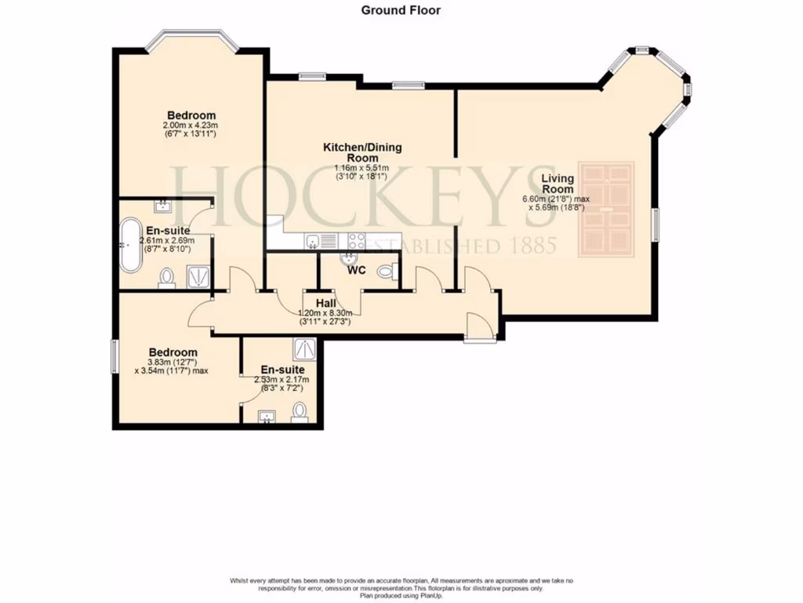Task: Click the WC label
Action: click(x=358, y=270)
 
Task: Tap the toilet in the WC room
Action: click(x=385, y=272)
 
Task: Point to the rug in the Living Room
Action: click(x=605, y=209)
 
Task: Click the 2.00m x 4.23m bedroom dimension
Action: click(x=190, y=125)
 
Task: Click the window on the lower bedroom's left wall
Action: click(x=114, y=357)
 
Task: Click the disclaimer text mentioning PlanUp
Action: click(x=401, y=596)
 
